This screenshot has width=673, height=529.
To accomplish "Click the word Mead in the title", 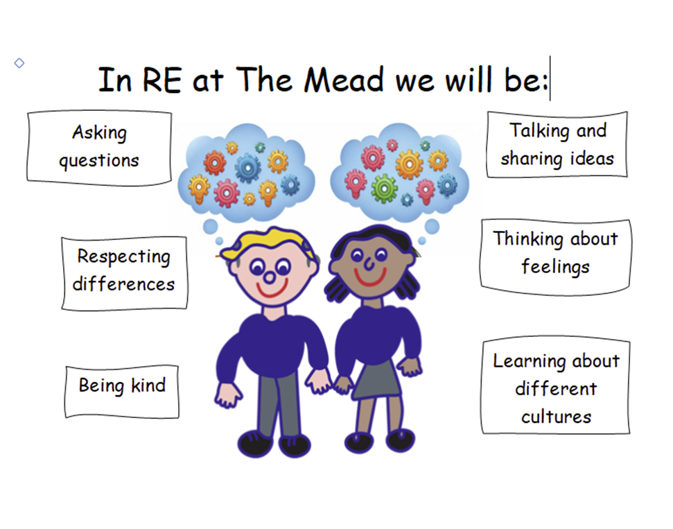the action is [x=343, y=80].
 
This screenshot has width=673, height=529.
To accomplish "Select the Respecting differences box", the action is [x=125, y=273].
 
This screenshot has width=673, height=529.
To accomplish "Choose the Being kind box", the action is [x=122, y=392].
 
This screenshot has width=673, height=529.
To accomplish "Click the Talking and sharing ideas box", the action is [x=557, y=144].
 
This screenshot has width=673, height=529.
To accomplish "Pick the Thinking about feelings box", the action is [x=555, y=257].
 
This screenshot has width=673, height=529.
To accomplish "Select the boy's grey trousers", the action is [x=277, y=404].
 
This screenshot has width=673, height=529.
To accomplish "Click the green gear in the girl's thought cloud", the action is [x=384, y=188].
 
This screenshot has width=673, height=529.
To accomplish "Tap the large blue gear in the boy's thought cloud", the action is [x=247, y=168].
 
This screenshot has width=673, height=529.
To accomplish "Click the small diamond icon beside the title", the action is [x=19, y=63].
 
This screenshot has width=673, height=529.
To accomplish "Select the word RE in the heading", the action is [x=161, y=80].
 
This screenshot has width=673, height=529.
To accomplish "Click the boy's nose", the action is [x=270, y=278].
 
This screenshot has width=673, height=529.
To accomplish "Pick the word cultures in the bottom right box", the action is [x=557, y=417].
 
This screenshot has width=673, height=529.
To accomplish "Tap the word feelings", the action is [x=555, y=267].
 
